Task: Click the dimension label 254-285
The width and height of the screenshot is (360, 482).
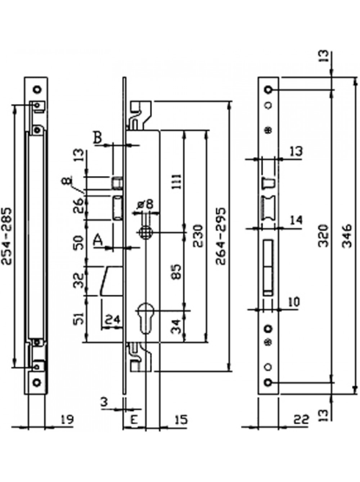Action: (x=6, y=236)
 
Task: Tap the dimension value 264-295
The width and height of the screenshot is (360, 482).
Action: (x=221, y=236)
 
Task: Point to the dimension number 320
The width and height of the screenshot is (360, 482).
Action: (x=323, y=236)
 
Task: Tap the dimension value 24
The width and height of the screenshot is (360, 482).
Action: (x=113, y=319)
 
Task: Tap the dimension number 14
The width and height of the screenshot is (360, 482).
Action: (x=296, y=220)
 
